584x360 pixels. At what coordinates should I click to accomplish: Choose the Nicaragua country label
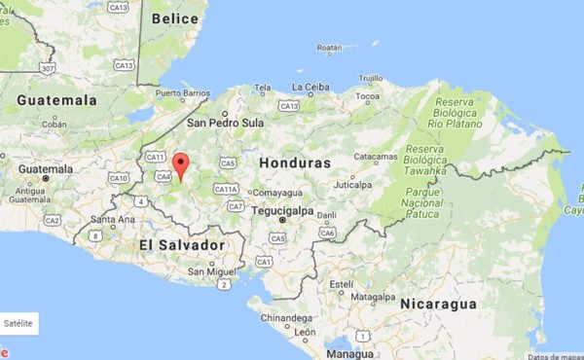[x=437, y=304]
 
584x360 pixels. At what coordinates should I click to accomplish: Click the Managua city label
[x=348, y=353]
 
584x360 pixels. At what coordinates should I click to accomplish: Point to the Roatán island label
[x=330, y=47]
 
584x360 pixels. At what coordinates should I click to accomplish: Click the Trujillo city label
[x=370, y=78]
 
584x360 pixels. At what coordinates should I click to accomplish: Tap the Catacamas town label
[x=375, y=157]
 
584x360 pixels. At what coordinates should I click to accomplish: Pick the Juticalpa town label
[x=353, y=184]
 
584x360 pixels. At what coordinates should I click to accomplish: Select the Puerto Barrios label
[x=182, y=94]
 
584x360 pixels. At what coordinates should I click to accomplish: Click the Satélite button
[x=18, y=322]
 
